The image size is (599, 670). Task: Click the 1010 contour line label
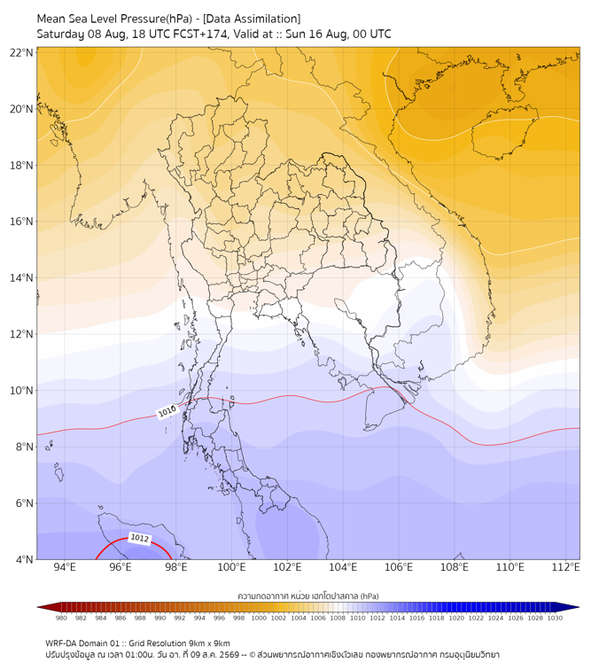(x=167, y=411)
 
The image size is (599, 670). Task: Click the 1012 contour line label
(x=140, y=538)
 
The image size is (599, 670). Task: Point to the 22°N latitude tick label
(x=21, y=52)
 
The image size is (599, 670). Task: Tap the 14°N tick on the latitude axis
(x=21, y=277)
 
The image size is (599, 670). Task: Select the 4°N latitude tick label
(x=24, y=559)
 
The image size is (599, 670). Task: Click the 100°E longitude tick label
(x=231, y=567)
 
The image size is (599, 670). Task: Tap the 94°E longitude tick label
(x=65, y=567)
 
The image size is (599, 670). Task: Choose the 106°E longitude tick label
(x=399, y=567)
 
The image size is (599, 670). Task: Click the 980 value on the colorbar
(x=61, y=618)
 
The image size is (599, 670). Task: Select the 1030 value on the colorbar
(x=555, y=618)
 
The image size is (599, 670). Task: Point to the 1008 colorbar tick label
(x=338, y=618)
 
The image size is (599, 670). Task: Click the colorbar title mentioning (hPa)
(x=308, y=596)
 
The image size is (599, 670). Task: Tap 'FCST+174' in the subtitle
(x=200, y=35)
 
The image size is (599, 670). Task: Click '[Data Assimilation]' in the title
(x=252, y=19)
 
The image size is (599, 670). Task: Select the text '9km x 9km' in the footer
(x=209, y=643)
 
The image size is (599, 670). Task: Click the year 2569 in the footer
(x=229, y=654)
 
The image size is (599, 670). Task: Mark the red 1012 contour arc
(x=132, y=539)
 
